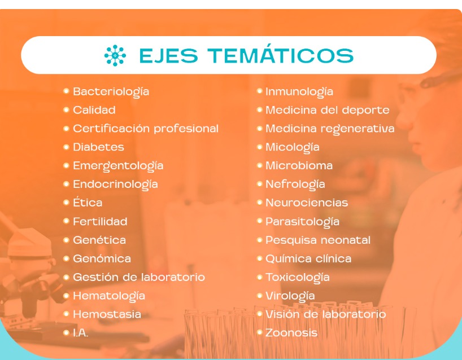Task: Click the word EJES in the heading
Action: pyautogui.click(x=168, y=55)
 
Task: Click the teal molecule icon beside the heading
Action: pyautogui.click(x=115, y=55)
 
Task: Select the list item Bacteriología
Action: pyautogui.click(x=111, y=92)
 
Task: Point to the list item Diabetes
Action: pyautogui.click(x=98, y=147)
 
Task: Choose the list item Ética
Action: pyautogui.click(x=88, y=202)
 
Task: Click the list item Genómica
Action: pyautogui.click(x=102, y=258)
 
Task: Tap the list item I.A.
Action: pyautogui.click(x=80, y=332)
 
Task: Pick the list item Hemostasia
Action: pyautogui.click(x=107, y=314)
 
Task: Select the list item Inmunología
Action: pyautogui.click(x=299, y=92)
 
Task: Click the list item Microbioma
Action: pyautogui.click(x=299, y=165)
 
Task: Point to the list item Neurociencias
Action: pyautogui.click(x=307, y=203)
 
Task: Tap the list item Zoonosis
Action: pyautogui.click(x=291, y=332)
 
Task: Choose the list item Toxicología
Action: pyautogui.click(x=297, y=278)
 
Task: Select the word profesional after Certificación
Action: pyautogui.click(x=186, y=129)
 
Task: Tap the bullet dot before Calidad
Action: pyautogui.click(x=66, y=110)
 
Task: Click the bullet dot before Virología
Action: pyautogui.click(x=260, y=296)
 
